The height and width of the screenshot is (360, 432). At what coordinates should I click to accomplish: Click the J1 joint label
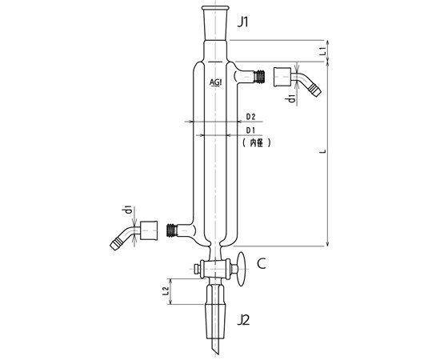click(x=243, y=22)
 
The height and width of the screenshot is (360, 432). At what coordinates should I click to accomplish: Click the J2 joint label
click(x=243, y=320)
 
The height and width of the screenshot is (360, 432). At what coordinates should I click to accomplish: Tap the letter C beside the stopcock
click(x=261, y=263)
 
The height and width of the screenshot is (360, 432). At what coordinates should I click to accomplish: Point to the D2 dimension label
click(x=250, y=117)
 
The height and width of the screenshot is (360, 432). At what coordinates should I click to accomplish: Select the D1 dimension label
click(x=250, y=130)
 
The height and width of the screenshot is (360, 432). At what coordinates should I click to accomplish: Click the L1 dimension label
click(x=322, y=51)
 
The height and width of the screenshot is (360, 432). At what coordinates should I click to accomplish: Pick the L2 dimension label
click(x=166, y=291)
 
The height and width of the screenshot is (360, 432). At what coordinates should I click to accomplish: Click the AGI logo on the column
click(x=215, y=82)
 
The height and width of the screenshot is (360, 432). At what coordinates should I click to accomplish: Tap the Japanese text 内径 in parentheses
click(x=257, y=142)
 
